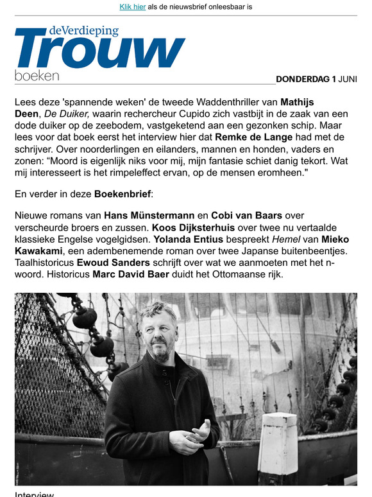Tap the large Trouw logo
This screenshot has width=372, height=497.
[x=99, y=50]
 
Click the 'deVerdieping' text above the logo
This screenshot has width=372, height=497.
[x=84, y=30]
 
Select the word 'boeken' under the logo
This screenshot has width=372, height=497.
[x=37, y=76]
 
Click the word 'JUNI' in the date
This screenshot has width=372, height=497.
[x=348, y=80]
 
